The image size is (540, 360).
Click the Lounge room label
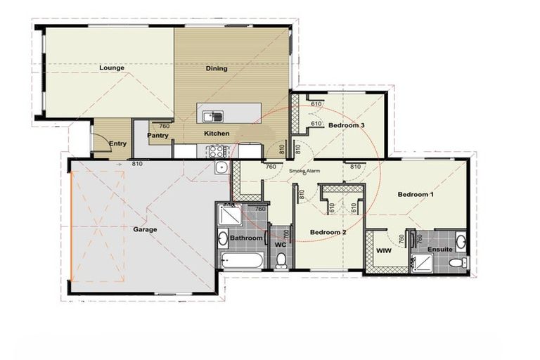112,68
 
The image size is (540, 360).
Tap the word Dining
216,69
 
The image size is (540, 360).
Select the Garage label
145,229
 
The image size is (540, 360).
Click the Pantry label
157,136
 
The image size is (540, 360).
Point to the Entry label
117,144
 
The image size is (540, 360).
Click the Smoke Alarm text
304,170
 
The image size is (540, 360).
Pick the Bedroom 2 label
328,232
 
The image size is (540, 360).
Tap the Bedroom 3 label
346,125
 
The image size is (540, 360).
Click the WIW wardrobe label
383,251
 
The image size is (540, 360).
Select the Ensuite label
440,250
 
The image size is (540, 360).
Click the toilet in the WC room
281,261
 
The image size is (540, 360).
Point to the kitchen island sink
213,116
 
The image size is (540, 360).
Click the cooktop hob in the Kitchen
214,150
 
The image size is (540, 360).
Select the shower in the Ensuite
423,263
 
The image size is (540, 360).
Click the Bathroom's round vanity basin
224,237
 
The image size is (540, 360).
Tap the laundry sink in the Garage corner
221,167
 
